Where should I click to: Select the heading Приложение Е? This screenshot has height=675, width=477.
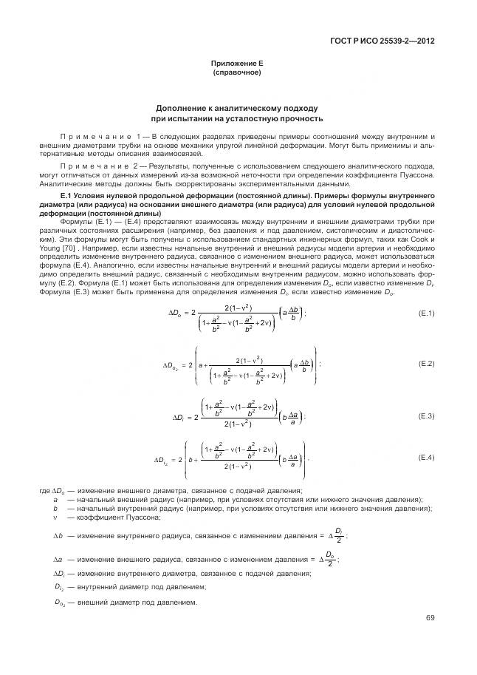point(237,64)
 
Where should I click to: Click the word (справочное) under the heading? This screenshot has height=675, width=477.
point(237,73)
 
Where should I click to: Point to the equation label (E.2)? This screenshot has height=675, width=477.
point(426,364)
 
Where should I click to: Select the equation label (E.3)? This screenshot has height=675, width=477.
point(426,416)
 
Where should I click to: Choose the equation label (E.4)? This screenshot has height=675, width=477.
point(426,458)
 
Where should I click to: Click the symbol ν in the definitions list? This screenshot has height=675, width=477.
point(55,518)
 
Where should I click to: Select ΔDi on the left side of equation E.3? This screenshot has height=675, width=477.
point(177,417)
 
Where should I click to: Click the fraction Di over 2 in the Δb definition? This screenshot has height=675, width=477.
point(338,535)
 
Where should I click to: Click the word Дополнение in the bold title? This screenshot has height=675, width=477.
point(188,108)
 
